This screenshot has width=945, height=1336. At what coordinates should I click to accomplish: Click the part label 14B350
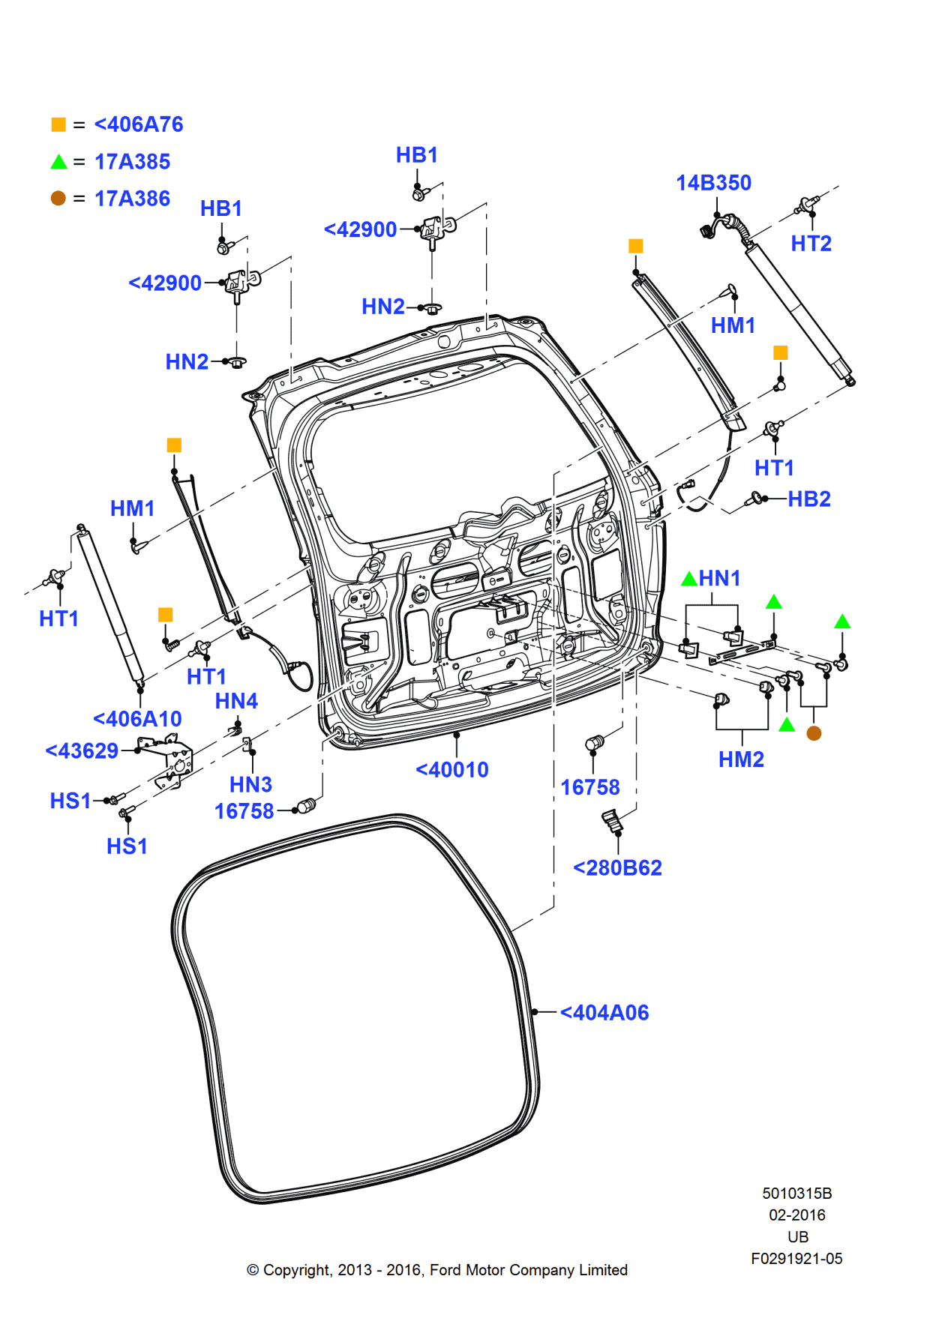tap(713, 183)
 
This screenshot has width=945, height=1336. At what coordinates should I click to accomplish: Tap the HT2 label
tap(811, 244)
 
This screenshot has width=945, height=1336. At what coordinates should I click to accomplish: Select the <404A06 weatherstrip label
tap(604, 1013)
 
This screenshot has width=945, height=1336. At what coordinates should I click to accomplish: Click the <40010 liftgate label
tap(452, 770)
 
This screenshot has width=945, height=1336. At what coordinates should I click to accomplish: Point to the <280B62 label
tap(617, 868)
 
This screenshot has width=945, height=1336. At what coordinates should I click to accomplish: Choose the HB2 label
tap(808, 499)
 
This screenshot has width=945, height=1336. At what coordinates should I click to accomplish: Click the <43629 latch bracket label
tap(82, 751)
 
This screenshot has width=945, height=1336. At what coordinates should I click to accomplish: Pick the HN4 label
tap(236, 701)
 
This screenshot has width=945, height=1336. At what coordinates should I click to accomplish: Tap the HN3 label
tap(250, 785)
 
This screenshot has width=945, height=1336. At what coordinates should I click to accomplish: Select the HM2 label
tap(741, 759)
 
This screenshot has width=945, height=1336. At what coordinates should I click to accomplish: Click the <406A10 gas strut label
tap(137, 719)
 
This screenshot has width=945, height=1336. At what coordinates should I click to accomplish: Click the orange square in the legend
tap(58, 124)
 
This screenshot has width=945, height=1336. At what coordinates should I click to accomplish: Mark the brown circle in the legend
tap(58, 199)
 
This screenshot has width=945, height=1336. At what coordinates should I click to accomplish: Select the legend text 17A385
tap(132, 162)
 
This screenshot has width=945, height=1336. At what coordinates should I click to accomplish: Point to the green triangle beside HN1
tap(688, 579)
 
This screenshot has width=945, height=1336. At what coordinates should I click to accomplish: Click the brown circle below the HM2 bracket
tap(814, 733)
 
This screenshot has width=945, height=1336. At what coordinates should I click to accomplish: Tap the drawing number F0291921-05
tap(796, 1259)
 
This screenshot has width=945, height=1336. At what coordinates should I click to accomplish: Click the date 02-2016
tap(796, 1215)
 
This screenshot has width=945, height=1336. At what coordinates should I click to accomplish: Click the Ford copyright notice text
tap(437, 1270)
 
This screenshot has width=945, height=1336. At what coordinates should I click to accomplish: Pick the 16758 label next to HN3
tap(244, 811)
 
